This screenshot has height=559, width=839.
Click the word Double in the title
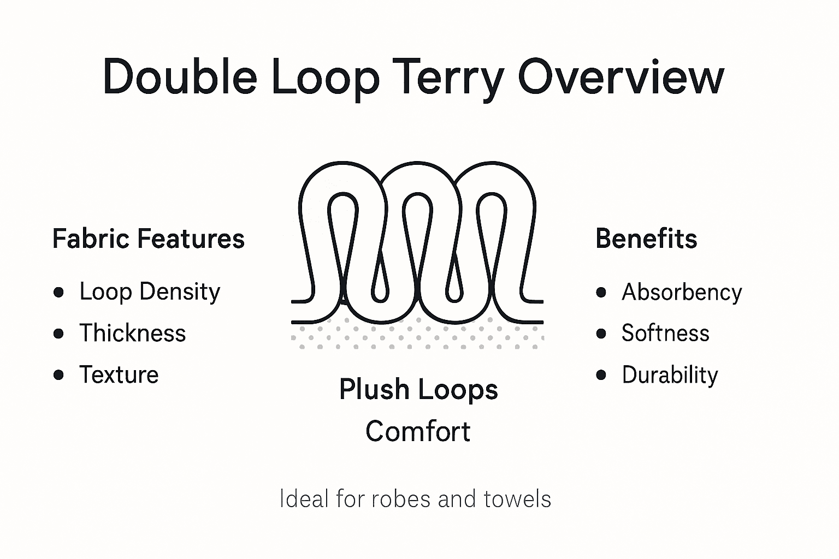(x=179, y=76)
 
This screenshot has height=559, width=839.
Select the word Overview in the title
(x=621, y=76)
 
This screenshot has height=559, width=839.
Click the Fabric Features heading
(x=148, y=239)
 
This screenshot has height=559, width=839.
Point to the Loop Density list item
(x=150, y=292)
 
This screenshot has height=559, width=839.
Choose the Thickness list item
(x=133, y=333)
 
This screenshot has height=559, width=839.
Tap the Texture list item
(x=119, y=375)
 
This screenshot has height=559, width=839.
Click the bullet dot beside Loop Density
(x=58, y=293)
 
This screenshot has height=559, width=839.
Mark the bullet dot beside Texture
(x=58, y=375)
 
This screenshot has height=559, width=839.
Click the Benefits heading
(x=646, y=239)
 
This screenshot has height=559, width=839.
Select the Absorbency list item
(x=682, y=293)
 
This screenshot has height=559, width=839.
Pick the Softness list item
(x=665, y=333)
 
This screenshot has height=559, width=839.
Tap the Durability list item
(x=670, y=375)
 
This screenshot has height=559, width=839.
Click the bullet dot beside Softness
(x=601, y=334)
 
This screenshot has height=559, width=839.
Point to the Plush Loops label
(x=418, y=390)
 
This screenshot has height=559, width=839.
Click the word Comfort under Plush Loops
(x=418, y=431)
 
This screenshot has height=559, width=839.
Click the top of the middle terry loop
(x=417, y=164)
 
